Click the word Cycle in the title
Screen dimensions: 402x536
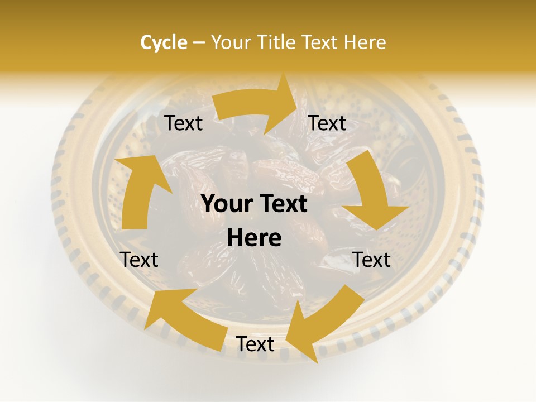point(164,42)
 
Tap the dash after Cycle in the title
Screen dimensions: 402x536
point(199,42)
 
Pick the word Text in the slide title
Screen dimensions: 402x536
point(322,42)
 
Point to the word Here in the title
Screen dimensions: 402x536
point(365,42)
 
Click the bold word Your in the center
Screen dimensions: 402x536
point(226,204)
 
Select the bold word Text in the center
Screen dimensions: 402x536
point(282,204)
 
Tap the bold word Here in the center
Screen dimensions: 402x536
point(254,238)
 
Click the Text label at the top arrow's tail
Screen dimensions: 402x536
point(184,123)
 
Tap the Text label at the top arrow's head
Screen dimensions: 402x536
point(327,123)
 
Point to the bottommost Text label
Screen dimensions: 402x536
point(255,344)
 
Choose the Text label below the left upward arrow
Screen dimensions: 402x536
point(139,260)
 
